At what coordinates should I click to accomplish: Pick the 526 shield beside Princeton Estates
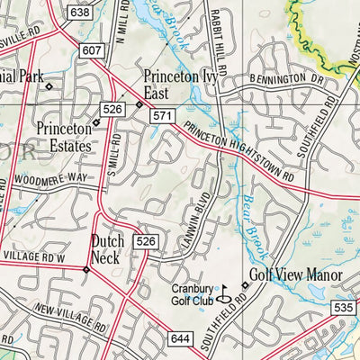112,109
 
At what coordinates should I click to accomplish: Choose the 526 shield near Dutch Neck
147,241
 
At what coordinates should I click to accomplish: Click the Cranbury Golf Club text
191,294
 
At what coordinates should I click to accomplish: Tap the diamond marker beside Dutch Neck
85,268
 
